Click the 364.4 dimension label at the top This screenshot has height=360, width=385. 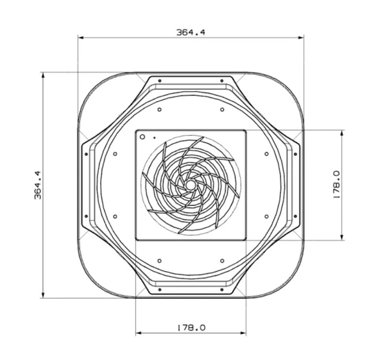pyautogui.click(x=191, y=32)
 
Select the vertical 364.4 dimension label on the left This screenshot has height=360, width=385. pyautogui.click(x=38, y=185)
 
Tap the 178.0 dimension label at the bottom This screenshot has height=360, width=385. pyautogui.click(x=191, y=328)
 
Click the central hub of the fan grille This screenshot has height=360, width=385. pyautogui.click(x=189, y=185)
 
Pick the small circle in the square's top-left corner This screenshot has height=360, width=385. pyautogui.click(x=142, y=136)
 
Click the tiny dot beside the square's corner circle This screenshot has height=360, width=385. pyautogui.click(x=154, y=138)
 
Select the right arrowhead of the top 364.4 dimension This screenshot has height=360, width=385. pyautogui.click(x=300, y=38)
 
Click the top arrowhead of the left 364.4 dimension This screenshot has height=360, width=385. pyautogui.click(x=43, y=75)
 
